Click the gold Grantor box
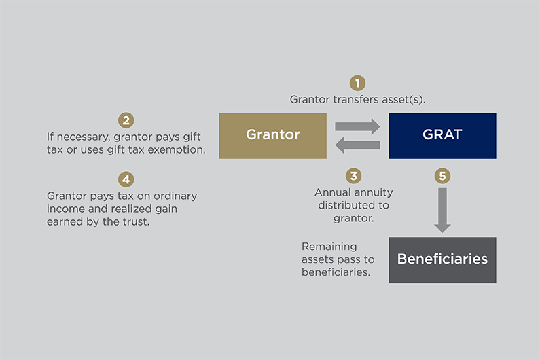[272, 135]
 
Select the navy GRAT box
[442, 135]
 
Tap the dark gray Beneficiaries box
[442, 259]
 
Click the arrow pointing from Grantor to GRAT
[357, 126]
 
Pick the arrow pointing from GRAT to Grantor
[357, 145]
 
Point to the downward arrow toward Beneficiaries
[442, 209]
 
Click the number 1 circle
[357, 83]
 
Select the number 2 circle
[126, 120]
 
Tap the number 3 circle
[353, 176]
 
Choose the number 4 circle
[126, 179]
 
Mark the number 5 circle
[442, 176]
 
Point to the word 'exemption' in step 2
[178, 149]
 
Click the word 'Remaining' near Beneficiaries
[329, 247]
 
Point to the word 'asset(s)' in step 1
[405, 99]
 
